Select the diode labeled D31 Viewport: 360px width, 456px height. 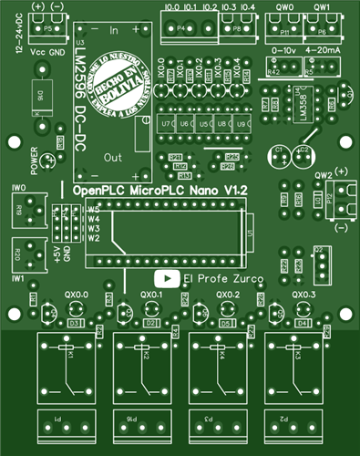[x=75, y=324]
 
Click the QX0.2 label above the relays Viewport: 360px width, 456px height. [x=228, y=295]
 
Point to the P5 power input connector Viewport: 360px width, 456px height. [x=47, y=29]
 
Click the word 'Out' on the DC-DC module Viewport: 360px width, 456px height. [x=114, y=157]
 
